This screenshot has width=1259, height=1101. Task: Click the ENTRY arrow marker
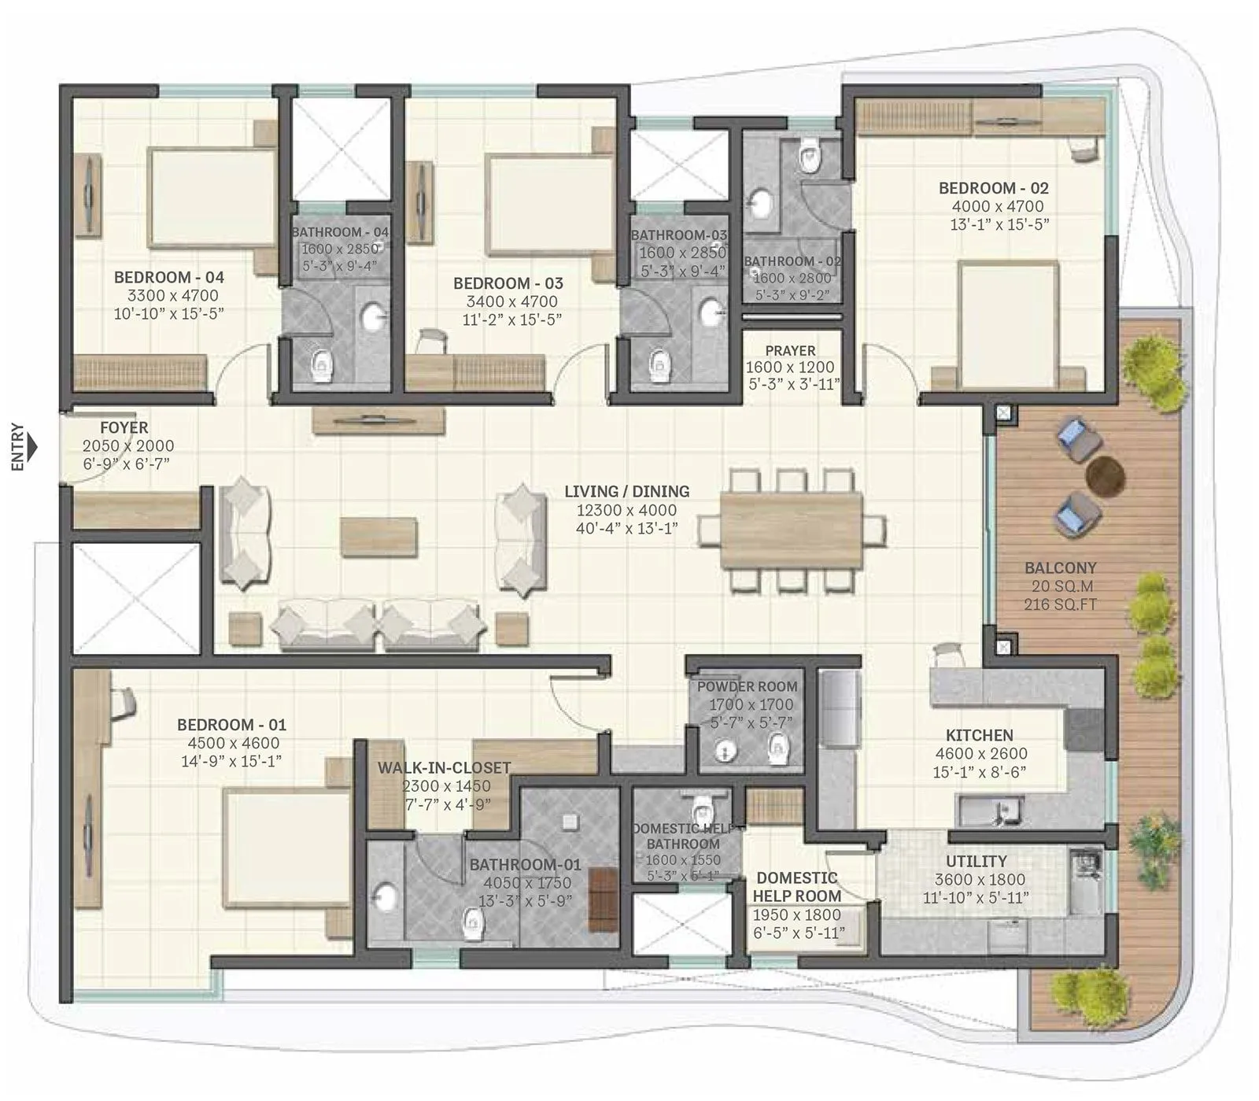coord(32,449)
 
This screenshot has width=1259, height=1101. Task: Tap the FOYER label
coord(124,427)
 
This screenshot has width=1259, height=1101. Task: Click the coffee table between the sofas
coord(378,537)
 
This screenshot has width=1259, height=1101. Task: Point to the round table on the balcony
coord(1105,475)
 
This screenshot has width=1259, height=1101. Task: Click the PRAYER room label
coord(790,350)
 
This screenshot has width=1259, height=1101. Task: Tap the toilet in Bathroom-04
coord(321,364)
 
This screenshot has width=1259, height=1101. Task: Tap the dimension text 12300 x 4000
coord(626,510)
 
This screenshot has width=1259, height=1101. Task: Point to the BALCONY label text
coord(1060,567)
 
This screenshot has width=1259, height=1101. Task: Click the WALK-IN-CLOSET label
coord(444,767)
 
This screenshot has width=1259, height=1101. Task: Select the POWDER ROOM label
coord(747,686)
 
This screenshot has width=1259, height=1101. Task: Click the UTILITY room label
coord(976,861)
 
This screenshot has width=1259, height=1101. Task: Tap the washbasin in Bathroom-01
coord(385,897)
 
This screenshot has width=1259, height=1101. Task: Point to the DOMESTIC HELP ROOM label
coord(796,887)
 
